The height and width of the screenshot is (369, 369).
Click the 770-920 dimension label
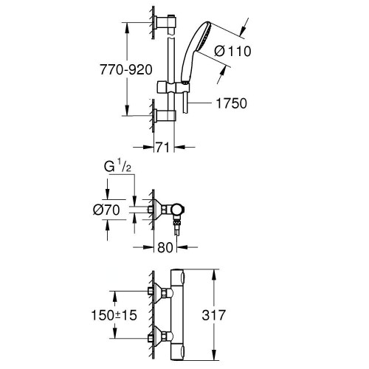pyautogui.click(x=126, y=70)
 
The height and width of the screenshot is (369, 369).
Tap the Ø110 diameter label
pyautogui.click(x=232, y=51)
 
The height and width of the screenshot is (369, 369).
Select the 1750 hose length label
pyautogui.click(x=231, y=103)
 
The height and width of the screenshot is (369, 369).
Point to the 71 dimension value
pyautogui.click(x=162, y=148)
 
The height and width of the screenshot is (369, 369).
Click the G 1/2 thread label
pyautogui.click(x=117, y=166)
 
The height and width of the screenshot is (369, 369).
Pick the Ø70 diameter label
pyautogui.click(x=106, y=210)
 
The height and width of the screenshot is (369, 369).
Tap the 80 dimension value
pyautogui.click(x=165, y=247)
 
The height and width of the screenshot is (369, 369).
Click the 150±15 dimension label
pyautogui.click(x=114, y=315)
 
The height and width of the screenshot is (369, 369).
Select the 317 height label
pyautogui.click(x=213, y=315)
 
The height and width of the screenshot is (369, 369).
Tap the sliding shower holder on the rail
pyautogui.click(x=173, y=87)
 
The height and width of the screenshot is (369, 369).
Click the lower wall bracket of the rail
pyautogui.click(x=165, y=116)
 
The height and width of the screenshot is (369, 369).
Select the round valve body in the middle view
pyautogui.click(x=178, y=210)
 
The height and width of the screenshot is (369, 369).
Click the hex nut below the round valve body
pyautogui.click(x=176, y=223)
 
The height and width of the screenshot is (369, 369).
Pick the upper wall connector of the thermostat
pyautogui.click(x=160, y=292)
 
